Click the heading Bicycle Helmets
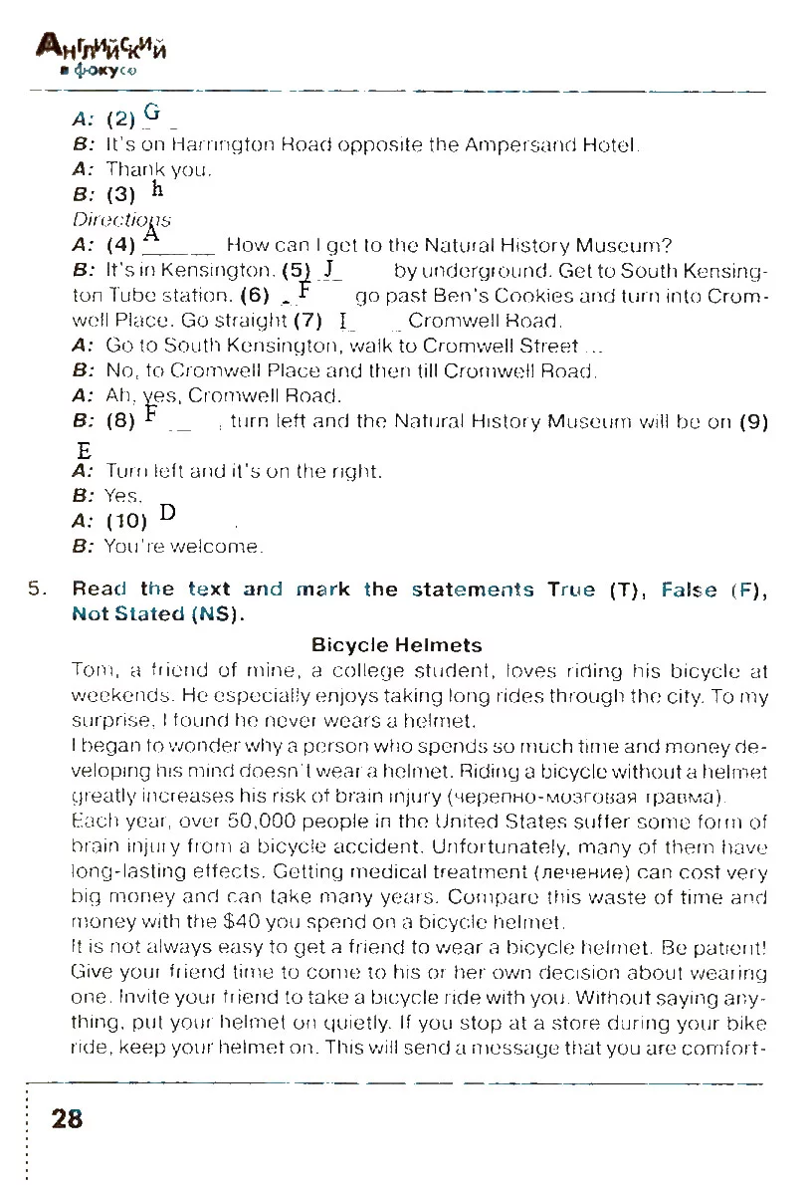point(396,645)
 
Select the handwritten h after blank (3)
point(157,189)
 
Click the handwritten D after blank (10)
point(167,513)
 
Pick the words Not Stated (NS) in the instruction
point(158,613)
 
